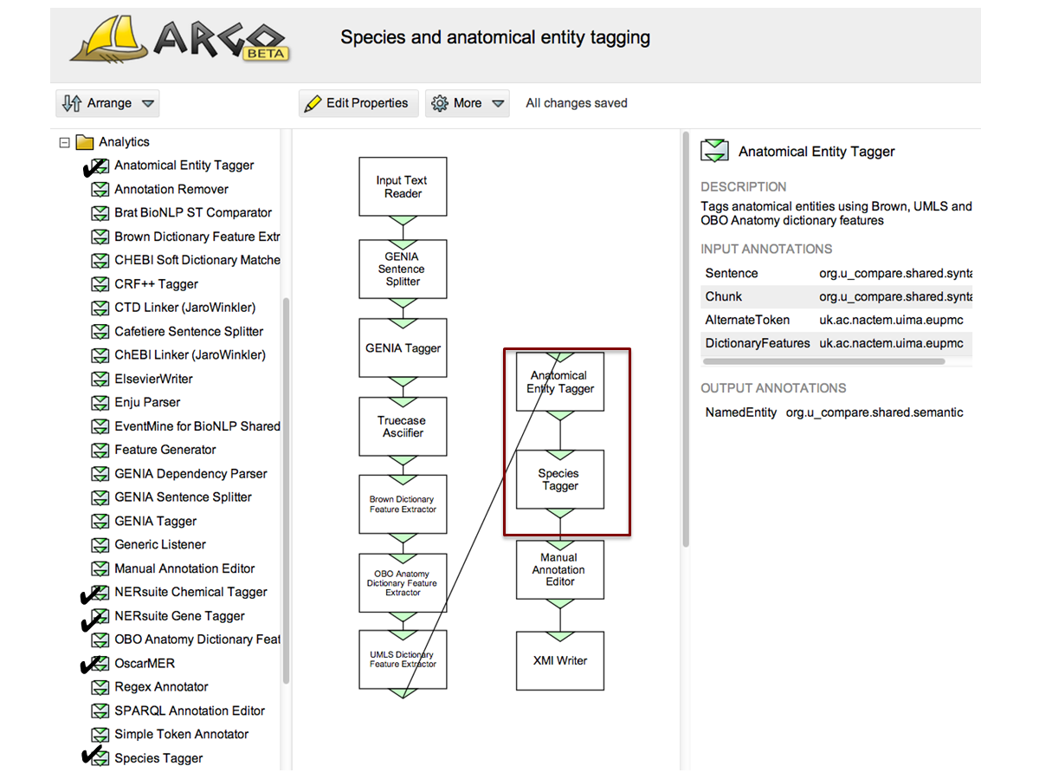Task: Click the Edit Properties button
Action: pyautogui.click(x=358, y=103)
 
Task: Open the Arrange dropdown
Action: pyautogui.click(x=107, y=103)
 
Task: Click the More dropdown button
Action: pyautogui.click(x=468, y=103)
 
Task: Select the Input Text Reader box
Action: pyautogui.click(x=403, y=186)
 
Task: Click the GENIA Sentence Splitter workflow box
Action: pyautogui.click(x=403, y=269)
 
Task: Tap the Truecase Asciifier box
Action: pyautogui.click(x=403, y=426)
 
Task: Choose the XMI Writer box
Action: pyautogui.click(x=560, y=660)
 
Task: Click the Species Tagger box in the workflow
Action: pyautogui.click(x=560, y=479)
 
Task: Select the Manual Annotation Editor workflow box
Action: pyautogui.click(x=560, y=569)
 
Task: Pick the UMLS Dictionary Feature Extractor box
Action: pyautogui.click(x=403, y=659)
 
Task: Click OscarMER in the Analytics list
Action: pyautogui.click(x=145, y=663)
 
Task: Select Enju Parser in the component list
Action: pyautogui.click(x=147, y=402)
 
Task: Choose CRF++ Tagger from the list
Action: pyautogui.click(x=156, y=283)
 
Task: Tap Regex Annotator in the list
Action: pyautogui.click(x=161, y=686)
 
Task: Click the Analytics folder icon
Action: pyautogui.click(x=84, y=142)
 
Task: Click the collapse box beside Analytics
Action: pyautogui.click(x=64, y=142)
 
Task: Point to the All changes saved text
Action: pyautogui.click(x=577, y=103)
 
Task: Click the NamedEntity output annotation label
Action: pyautogui.click(x=740, y=412)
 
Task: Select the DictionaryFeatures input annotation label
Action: pyautogui.click(x=758, y=343)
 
